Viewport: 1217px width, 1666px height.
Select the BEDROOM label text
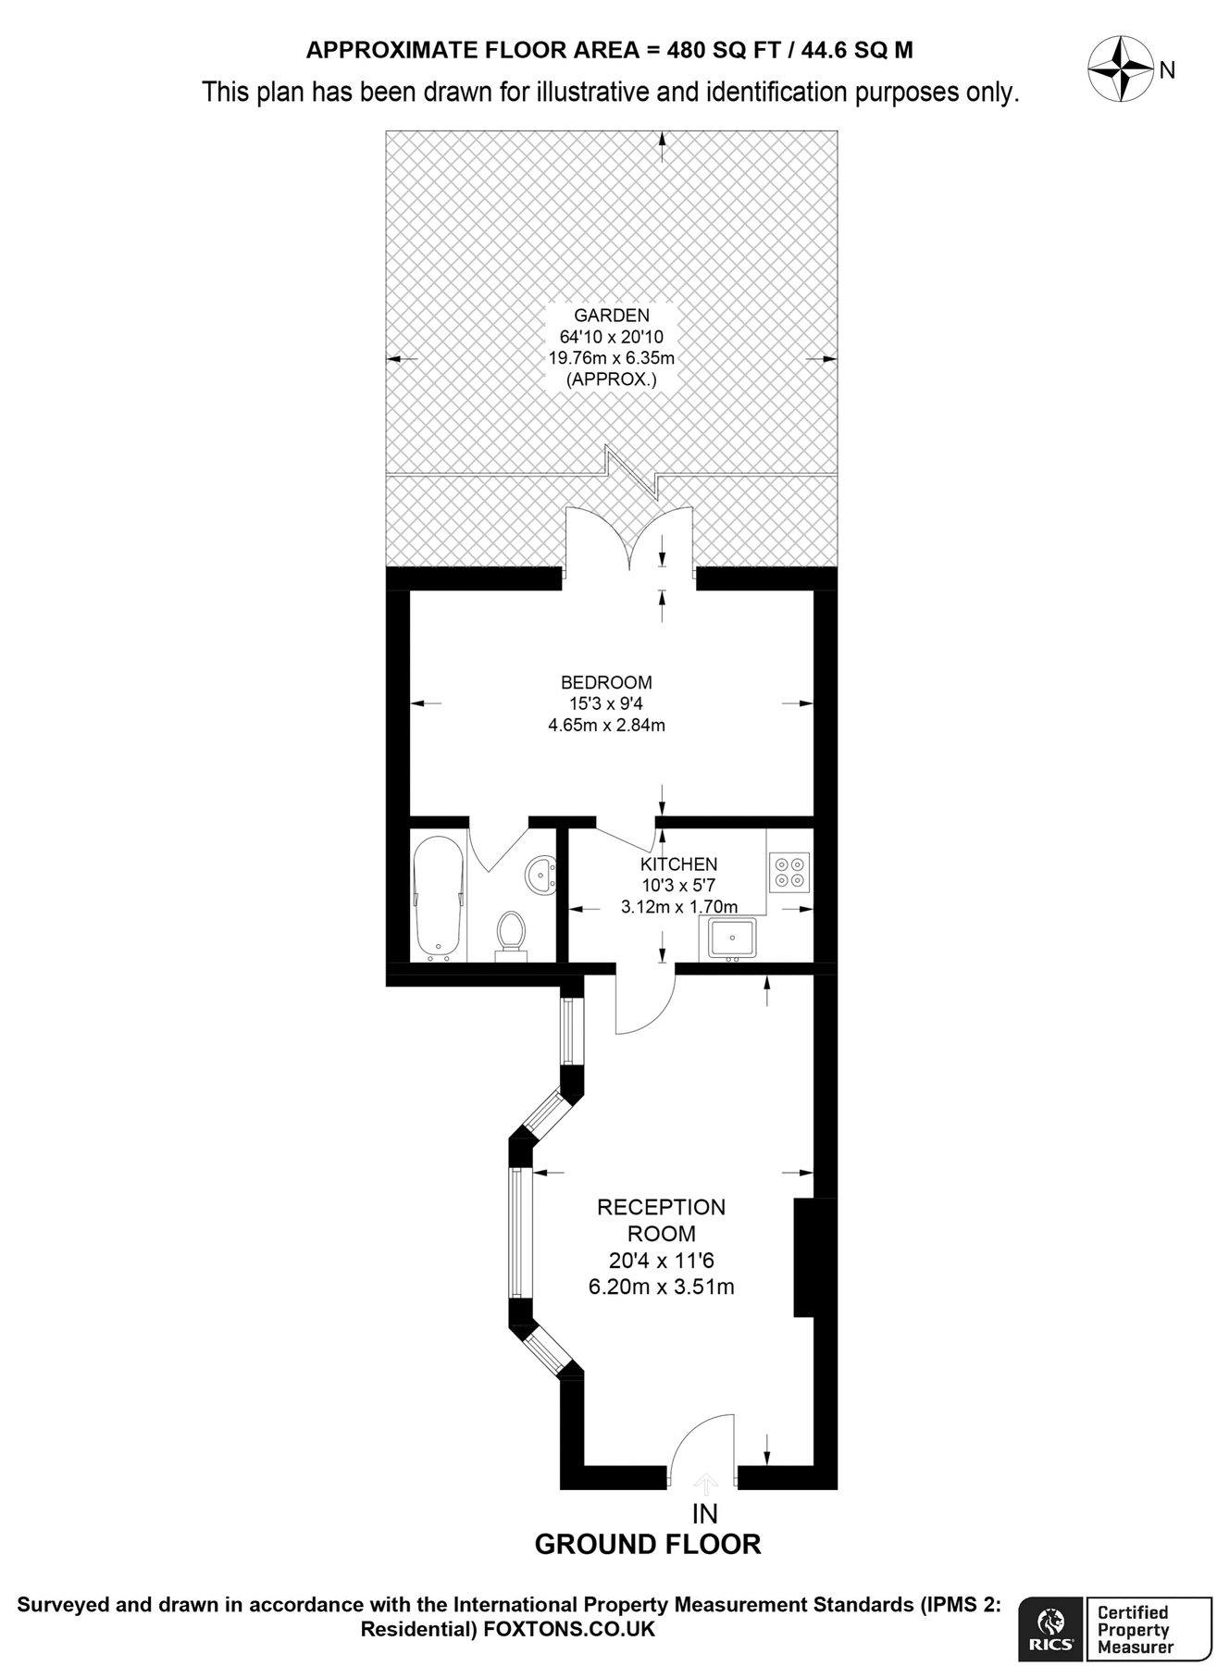click(x=606, y=682)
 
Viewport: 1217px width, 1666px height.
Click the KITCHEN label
click(x=678, y=864)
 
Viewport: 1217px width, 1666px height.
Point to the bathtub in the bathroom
click(x=438, y=899)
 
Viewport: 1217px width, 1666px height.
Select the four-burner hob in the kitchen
click(x=789, y=872)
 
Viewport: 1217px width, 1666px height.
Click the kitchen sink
click(x=732, y=938)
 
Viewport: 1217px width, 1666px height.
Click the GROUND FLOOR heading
click(x=648, y=1544)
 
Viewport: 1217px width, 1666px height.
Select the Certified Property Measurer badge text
click(x=1135, y=1630)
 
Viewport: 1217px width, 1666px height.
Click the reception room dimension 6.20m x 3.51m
click(x=661, y=1287)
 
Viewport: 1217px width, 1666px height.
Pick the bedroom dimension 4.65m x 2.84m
click(x=606, y=725)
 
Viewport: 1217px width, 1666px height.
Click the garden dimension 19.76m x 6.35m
click(x=611, y=358)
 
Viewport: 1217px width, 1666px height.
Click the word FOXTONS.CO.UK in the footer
click(x=569, y=1629)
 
